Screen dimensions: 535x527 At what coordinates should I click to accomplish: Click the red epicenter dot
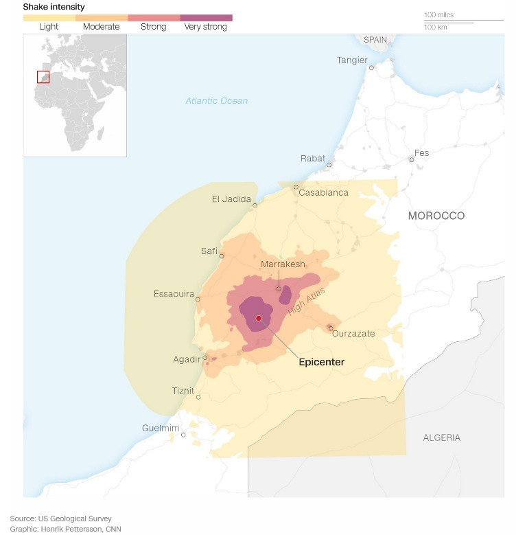[259, 318]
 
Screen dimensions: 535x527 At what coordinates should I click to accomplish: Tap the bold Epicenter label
[321, 362]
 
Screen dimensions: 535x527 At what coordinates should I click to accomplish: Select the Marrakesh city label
[283, 264]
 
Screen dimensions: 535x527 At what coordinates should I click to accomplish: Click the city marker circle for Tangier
[371, 67]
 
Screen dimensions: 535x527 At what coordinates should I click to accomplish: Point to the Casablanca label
[323, 193]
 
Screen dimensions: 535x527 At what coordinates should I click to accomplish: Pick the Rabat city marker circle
[329, 165]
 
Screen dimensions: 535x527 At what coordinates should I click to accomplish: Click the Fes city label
[421, 152]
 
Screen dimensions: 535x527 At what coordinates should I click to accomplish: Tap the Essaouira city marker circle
[198, 299]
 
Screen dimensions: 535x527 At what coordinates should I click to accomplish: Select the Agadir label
[187, 360]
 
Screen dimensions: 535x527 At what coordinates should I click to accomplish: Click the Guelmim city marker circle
[183, 435]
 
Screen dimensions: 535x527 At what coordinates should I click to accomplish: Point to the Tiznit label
[183, 391]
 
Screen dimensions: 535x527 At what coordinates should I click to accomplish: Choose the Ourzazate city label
[353, 334]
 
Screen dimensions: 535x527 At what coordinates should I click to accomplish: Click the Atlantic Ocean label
[216, 101]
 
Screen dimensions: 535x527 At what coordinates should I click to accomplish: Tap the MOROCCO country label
[436, 216]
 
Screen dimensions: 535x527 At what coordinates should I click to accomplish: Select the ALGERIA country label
[441, 437]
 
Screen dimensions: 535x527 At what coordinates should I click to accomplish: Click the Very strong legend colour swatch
[206, 18]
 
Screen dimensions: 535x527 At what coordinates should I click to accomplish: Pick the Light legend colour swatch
[49, 18]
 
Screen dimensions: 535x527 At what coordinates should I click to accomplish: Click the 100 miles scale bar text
[438, 15]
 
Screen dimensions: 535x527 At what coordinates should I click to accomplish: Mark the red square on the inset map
[43, 77]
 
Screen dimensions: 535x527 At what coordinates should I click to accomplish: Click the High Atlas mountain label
[307, 301]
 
